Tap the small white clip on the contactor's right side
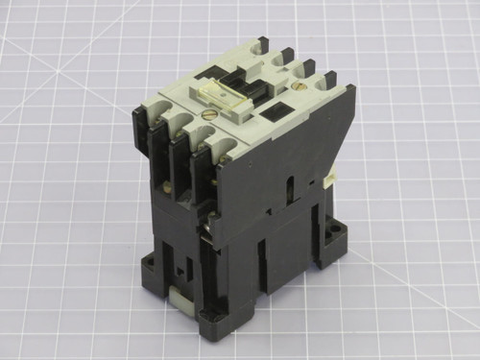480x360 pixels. point(332,175)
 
